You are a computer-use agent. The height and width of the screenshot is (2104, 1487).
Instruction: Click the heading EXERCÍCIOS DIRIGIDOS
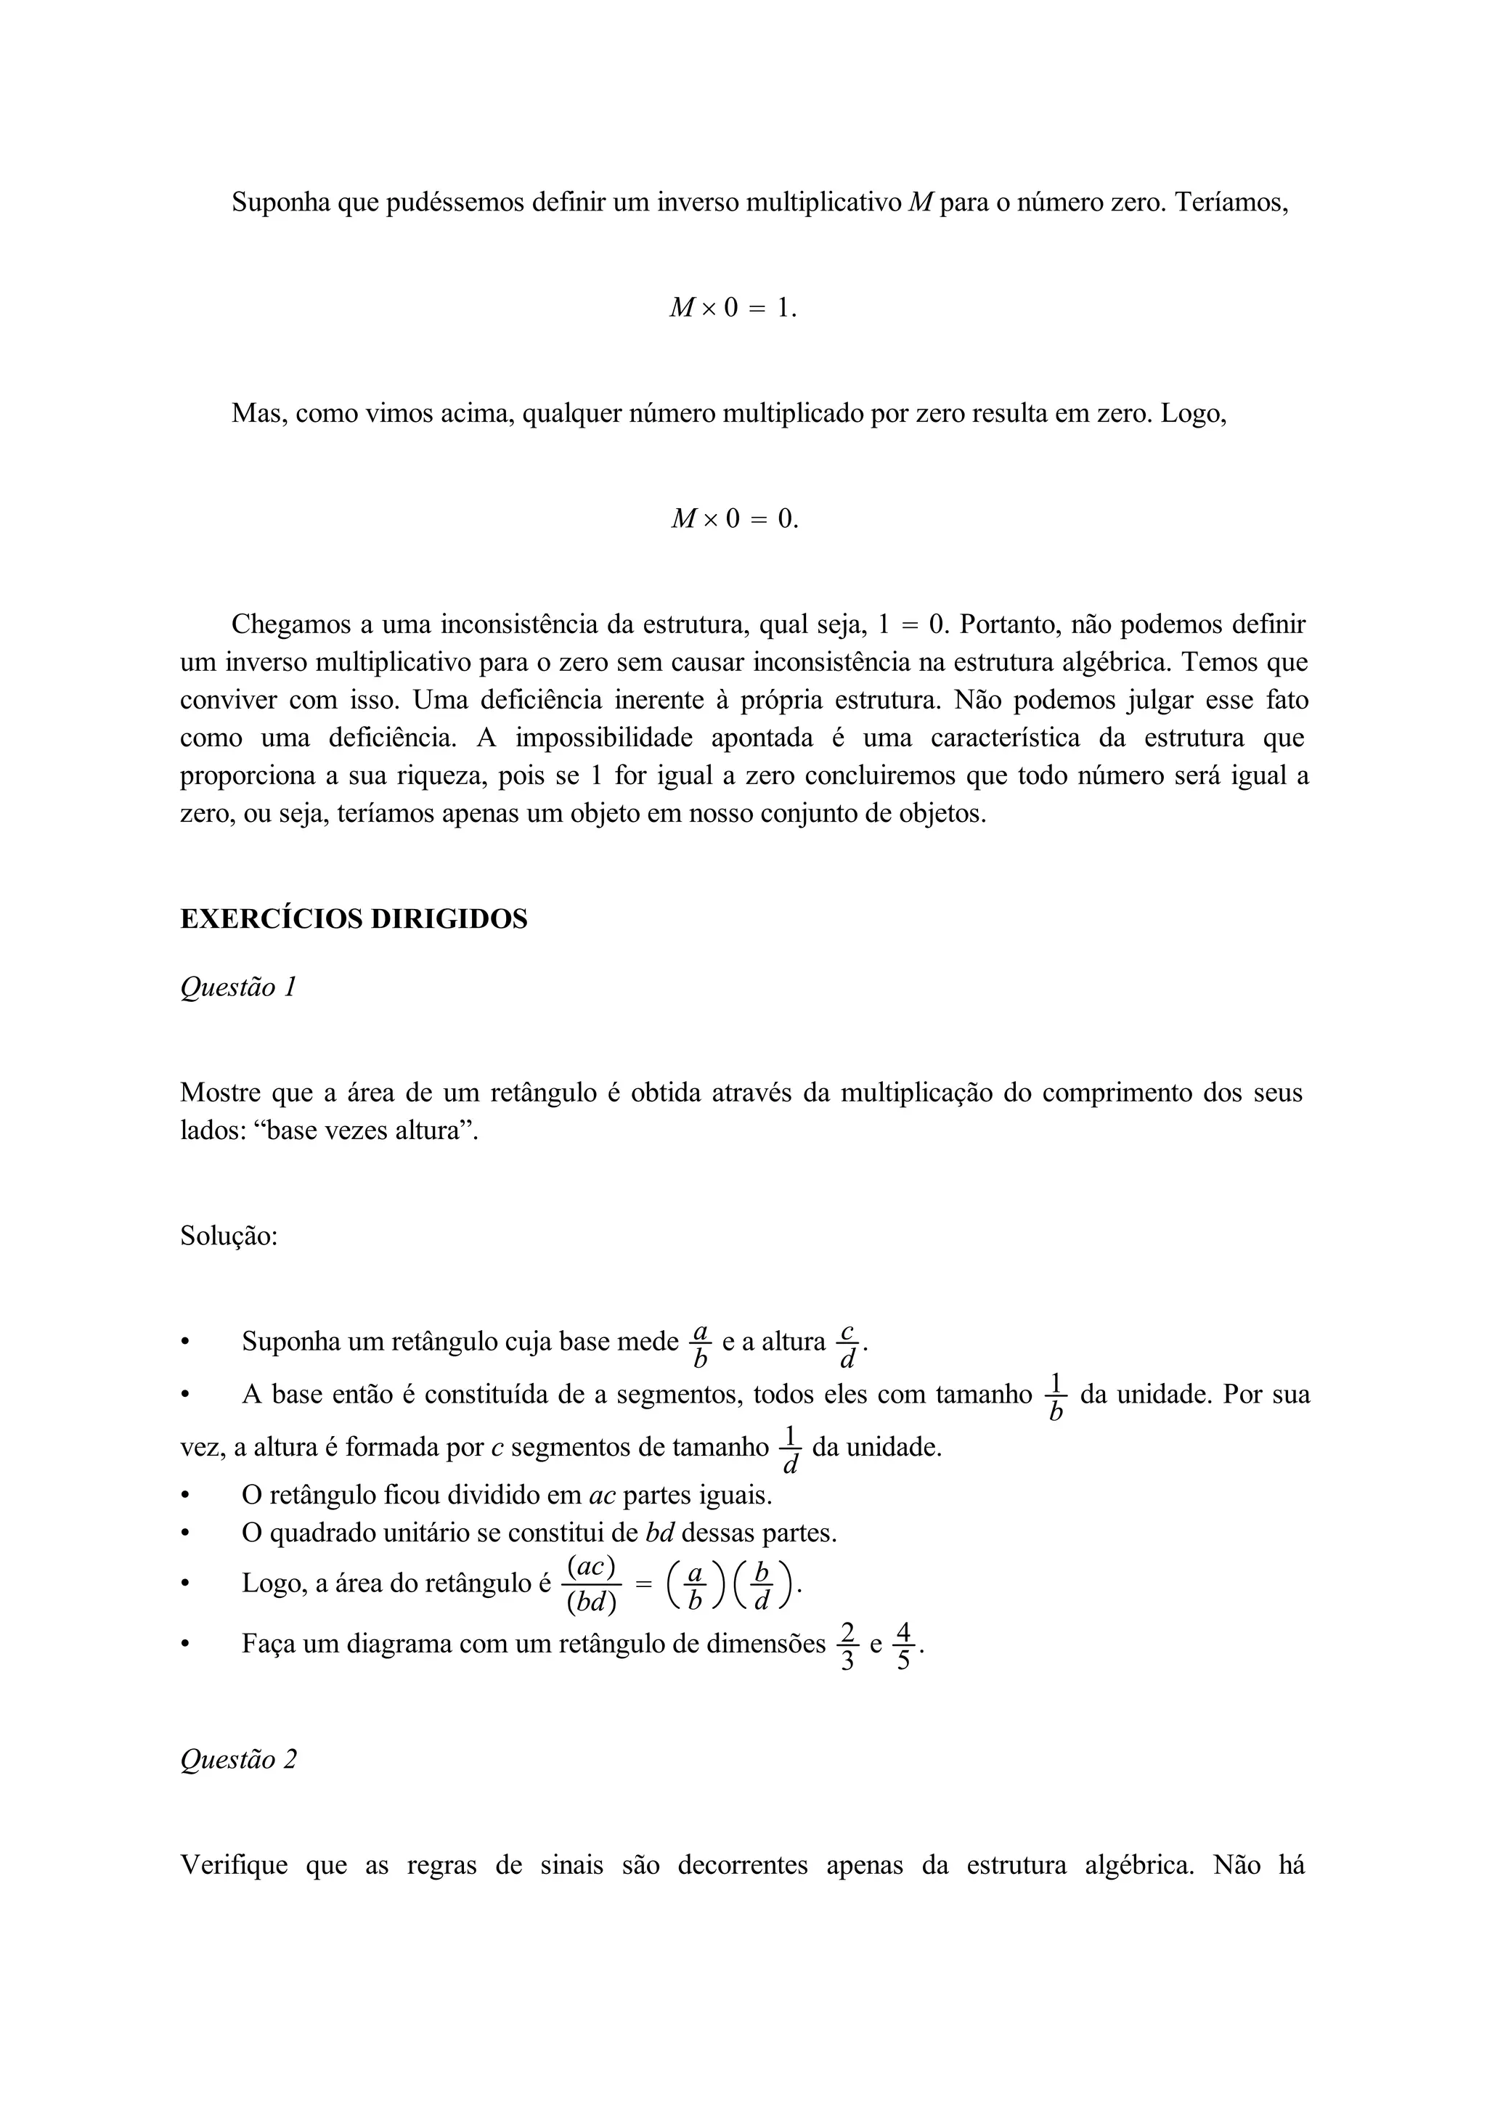tap(354, 919)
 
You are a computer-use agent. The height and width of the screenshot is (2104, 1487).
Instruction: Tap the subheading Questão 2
tap(238, 1758)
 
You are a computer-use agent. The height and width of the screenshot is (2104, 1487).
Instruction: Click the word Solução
tap(228, 1236)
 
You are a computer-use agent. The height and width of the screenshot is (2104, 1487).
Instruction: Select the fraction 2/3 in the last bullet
tap(847, 1645)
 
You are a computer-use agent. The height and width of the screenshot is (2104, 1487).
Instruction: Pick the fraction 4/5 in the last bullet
tap(903, 1645)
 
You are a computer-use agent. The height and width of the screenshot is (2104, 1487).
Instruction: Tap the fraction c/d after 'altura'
tap(847, 1345)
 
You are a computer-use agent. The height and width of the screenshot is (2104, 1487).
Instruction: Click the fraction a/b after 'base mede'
tap(701, 1345)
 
